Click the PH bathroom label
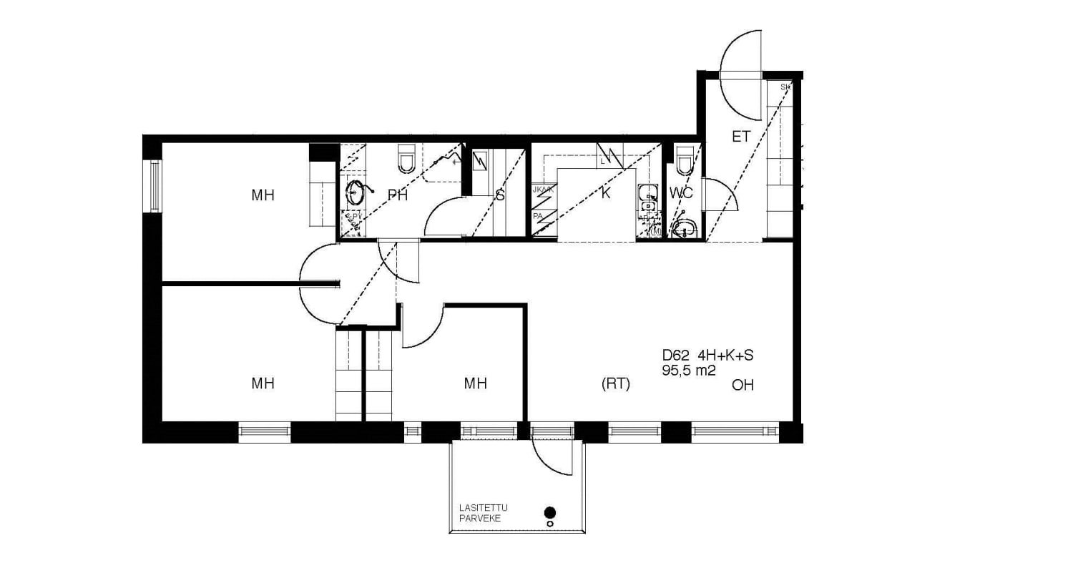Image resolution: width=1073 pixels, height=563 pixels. pyautogui.click(x=397, y=195)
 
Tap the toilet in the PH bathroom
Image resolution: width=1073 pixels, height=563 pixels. pyautogui.click(x=406, y=159)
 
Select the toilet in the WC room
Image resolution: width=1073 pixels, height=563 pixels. pyautogui.click(x=685, y=161)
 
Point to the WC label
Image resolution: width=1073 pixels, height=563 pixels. pyautogui.click(x=682, y=192)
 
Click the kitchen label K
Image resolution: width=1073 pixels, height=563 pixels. pyautogui.click(x=606, y=193)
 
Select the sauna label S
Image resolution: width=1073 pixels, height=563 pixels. pyautogui.click(x=500, y=195)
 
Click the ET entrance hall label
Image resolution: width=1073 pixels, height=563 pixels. pyautogui.click(x=741, y=136)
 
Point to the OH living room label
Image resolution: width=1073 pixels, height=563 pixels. pyautogui.click(x=743, y=386)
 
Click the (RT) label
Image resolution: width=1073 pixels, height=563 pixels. pyautogui.click(x=615, y=384)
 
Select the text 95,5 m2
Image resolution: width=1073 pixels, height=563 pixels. pyautogui.click(x=690, y=370)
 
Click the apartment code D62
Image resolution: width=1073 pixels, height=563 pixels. pyautogui.click(x=675, y=355)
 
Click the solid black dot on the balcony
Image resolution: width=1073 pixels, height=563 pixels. pyautogui.click(x=549, y=511)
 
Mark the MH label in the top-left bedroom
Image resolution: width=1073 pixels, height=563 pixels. pyautogui.click(x=263, y=195)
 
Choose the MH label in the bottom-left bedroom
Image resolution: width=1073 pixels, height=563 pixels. pyautogui.click(x=263, y=383)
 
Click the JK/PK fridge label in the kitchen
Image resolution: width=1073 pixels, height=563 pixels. pyautogui.click(x=542, y=190)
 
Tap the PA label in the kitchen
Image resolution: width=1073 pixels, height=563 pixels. pyautogui.click(x=537, y=215)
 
